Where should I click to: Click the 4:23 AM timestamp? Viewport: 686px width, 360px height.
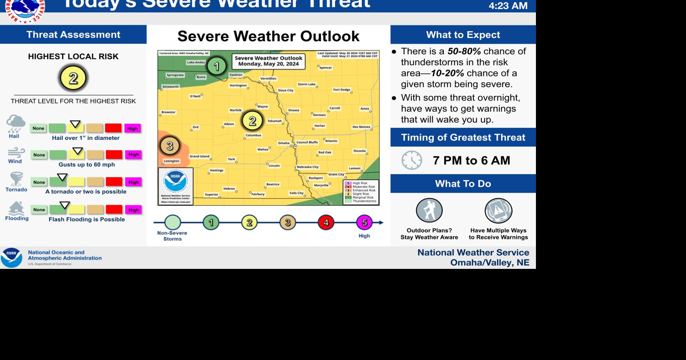click(x=508, y=6)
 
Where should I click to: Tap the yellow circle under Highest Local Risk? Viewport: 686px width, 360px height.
click(x=73, y=78)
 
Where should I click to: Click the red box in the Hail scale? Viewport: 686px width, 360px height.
click(x=113, y=128)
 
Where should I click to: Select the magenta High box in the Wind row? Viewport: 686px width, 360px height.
click(x=133, y=155)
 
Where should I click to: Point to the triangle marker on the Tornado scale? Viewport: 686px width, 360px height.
click(x=62, y=177)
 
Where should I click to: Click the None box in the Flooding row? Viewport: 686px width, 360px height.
click(x=39, y=209)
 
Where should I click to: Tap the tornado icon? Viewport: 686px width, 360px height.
click(x=17, y=179)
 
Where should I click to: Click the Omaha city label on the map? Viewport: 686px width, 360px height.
click(x=284, y=143)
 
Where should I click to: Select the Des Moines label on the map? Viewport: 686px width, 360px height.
click(x=361, y=127)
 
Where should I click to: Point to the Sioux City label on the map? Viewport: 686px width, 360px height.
click(x=285, y=90)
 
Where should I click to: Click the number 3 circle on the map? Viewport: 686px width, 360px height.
click(x=170, y=146)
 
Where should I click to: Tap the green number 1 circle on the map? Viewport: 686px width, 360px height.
click(x=217, y=67)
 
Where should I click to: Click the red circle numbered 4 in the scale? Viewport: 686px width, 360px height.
click(x=326, y=222)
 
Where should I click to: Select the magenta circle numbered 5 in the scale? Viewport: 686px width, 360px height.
click(x=364, y=222)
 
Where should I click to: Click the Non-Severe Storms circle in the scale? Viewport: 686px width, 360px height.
click(x=172, y=222)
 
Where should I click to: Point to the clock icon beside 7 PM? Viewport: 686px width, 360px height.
click(x=411, y=160)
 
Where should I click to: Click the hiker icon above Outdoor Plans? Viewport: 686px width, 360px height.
click(x=429, y=210)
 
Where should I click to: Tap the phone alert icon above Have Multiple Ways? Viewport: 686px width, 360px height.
click(x=498, y=210)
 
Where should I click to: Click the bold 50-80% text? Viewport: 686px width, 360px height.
click(x=464, y=51)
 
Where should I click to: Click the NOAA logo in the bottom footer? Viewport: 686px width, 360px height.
click(x=12, y=258)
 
